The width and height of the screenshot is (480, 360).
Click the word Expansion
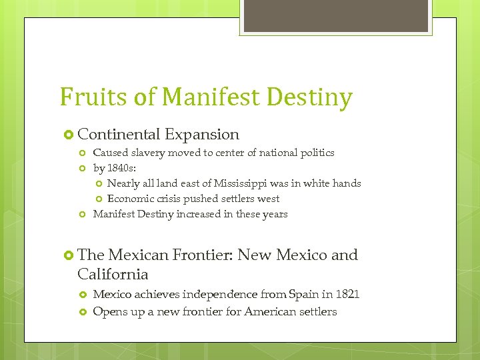[202, 134]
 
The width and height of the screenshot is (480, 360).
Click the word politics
[315, 153]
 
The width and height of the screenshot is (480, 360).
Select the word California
[113, 274]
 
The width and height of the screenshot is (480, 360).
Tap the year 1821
[347, 294]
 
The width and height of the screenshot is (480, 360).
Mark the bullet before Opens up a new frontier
[83, 312]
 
